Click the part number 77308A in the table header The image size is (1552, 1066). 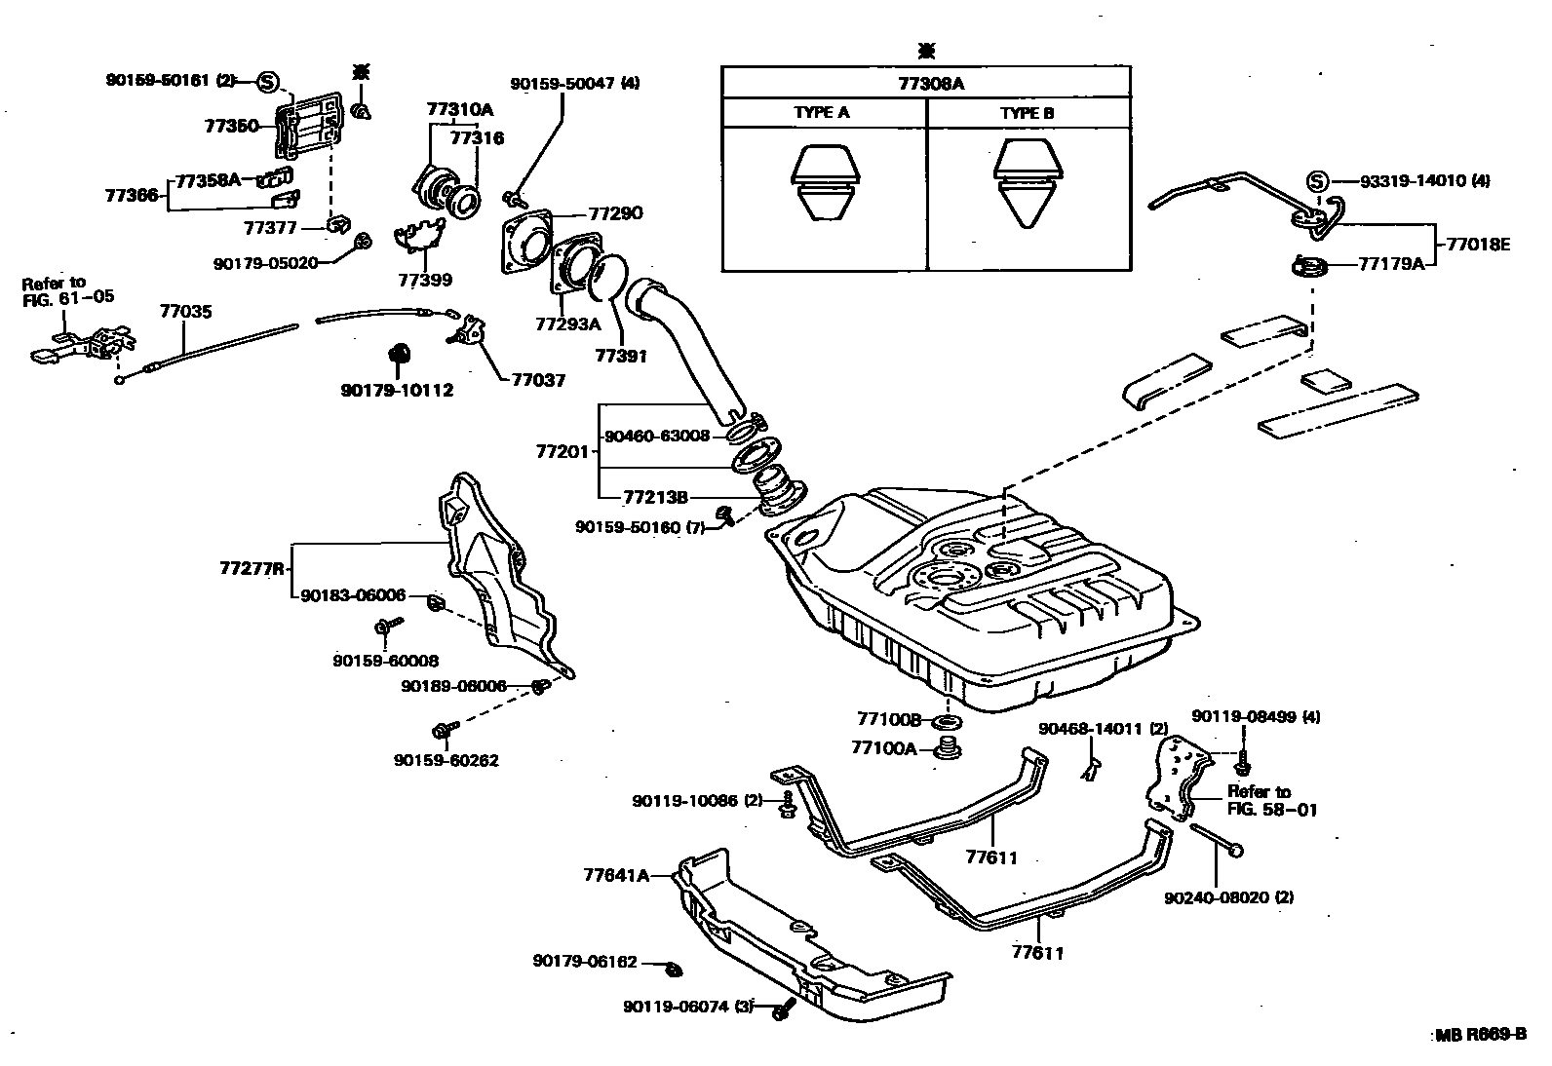(x=931, y=83)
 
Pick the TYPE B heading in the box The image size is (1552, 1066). (x=1027, y=113)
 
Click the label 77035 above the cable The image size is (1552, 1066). (x=185, y=312)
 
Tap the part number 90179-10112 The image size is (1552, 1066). (x=397, y=391)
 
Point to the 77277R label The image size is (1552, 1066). (x=252, y=568)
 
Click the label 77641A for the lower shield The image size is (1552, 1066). (x=629, y=875)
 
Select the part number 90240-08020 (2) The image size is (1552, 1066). (x=1228, y=897)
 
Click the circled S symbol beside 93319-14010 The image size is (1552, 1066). (x=1316, y=181)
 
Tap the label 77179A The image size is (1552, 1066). (x=1391, y=263)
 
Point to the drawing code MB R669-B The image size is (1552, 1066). (x=1480, y=1035)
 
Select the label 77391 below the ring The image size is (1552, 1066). (x=621, y=357)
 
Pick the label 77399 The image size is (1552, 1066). (x=425, y=281)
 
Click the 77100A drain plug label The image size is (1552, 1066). (x=884, y=747)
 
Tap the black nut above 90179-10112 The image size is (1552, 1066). (x=399, y=354)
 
